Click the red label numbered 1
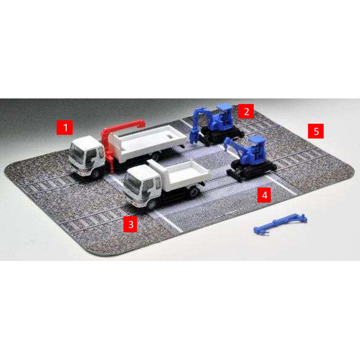click(65, 128)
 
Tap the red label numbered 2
click(246, 111)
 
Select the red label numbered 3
click(130, 224)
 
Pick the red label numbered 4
click(264, 195)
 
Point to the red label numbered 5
click(316, 131)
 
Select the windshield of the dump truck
click(129, 181)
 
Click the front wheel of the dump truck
click(151, 204)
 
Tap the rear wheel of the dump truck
click(194, 191)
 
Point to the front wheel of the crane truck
click(96, 174)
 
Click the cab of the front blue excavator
click(256, 149)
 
